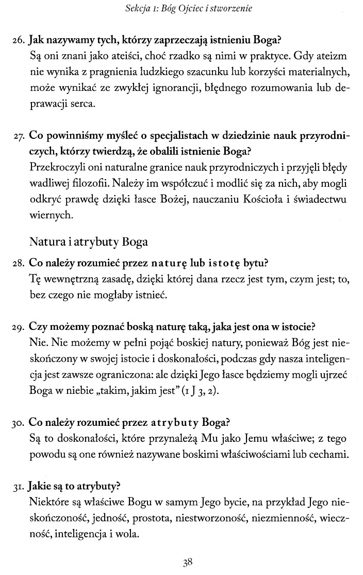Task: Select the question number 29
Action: [x=19, y=327]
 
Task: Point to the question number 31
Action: [x=19, y=486]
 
